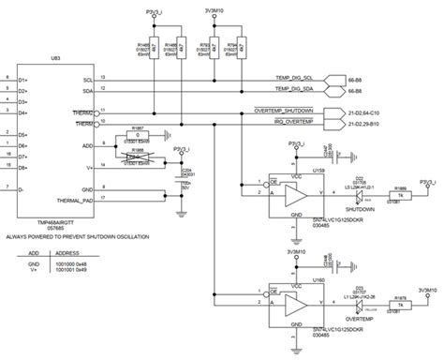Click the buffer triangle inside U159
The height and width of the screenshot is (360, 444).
(296, 194)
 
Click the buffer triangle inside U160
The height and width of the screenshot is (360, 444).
(296, 304)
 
